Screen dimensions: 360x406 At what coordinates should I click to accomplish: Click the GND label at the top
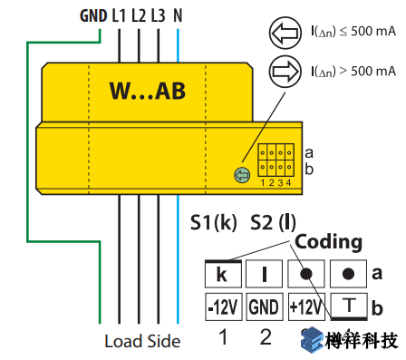[x=93, y=15]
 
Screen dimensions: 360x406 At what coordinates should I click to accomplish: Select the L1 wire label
[x=119, y=15]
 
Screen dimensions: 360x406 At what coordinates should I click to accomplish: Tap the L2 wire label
[x=139, y=15]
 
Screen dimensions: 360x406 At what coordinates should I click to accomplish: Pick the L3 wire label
[x=159, y=15]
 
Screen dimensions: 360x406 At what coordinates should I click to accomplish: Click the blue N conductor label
[x=178, y=15]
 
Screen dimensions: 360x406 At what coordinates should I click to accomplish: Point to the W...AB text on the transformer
[x=148, y=91]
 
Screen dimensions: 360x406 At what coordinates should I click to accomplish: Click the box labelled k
[x=222, y=272]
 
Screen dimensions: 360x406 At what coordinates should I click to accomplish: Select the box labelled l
[x=264, y=272]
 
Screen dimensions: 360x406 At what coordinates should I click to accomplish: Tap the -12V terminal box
[x=222, y=306]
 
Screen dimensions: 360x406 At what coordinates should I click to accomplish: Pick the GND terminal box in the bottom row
[x=264, y=306]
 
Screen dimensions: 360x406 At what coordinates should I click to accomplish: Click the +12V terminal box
[x=305, y=306]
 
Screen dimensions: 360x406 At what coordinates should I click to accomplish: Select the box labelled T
[x=348, y=306]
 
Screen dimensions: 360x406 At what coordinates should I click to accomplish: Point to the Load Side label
[x=142, y=342]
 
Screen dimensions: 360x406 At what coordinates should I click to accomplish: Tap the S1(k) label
[x=214, y=221]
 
